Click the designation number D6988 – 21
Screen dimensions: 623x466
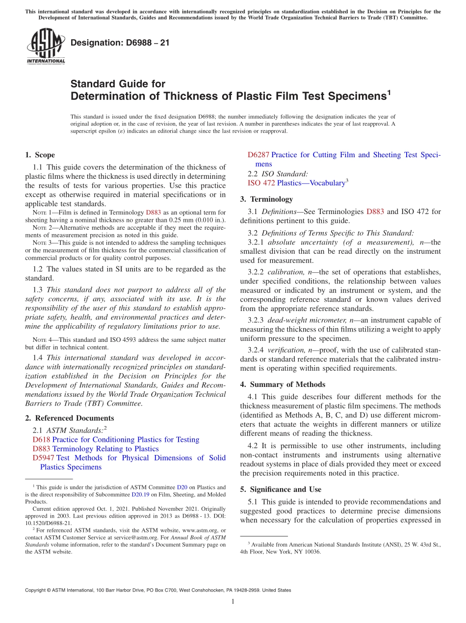(120, 43)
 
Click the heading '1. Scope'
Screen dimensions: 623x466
(40, 155)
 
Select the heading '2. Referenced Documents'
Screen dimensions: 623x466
(69, 418)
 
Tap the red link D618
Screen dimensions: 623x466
(41, 440)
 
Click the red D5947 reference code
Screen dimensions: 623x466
(43, 458)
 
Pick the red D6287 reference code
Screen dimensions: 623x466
(258, 155)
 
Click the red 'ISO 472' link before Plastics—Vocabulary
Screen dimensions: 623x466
(261, 183)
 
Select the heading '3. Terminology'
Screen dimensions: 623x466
(266, 199)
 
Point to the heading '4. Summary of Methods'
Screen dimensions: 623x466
(283, 384)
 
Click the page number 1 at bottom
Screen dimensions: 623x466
(233, 602)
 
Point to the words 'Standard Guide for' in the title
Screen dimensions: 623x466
(118, 84)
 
